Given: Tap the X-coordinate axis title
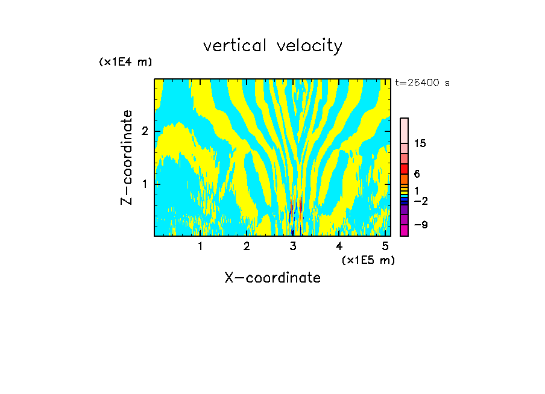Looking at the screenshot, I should click(x=272, y=278).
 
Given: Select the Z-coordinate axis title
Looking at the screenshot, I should click(x=127, y=157).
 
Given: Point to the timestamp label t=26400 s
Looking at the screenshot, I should click(x=422, y=83).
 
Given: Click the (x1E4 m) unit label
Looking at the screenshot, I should click(x=125, y=62).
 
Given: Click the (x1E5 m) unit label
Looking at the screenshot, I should click(x=368, y=260).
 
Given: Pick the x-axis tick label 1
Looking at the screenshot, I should click(x=200, y=246).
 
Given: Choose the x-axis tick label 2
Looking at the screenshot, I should click(x=247, y=246).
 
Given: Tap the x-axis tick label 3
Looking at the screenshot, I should click(x=293, y=246).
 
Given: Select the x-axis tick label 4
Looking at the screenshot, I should click(x=339, y=246).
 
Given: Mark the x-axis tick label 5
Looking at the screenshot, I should click(x=385, y=246).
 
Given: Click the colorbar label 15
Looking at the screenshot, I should click(x=420, y=143).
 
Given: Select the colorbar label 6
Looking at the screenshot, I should click(x=417, y=174).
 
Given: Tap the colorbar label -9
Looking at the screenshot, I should click(x=420, y=225).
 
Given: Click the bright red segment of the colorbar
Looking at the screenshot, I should click(x=404, y=169).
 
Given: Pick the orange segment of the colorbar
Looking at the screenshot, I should click(x=404, y=179).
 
